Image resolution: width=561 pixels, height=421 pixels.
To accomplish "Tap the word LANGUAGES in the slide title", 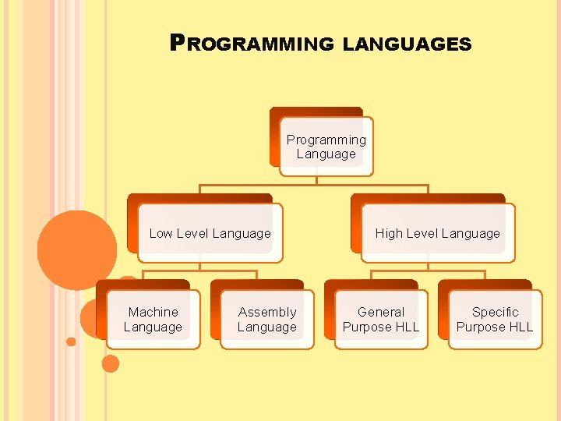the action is click(x=407, y=44).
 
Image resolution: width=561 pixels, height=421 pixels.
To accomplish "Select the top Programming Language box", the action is click(x=326, y=147).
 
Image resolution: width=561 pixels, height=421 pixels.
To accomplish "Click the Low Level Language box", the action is click(x=210, y=233).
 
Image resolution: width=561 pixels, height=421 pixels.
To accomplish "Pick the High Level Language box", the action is click(x=437, y=233).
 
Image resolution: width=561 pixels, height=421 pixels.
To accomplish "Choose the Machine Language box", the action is click(x=153, y=320).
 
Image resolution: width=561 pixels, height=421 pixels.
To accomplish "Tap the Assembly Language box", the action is click(x=266, y=320).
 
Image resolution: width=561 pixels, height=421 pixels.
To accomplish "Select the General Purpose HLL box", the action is click(x=380, y=320).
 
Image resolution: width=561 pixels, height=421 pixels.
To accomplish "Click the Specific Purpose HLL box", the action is click(x=495, y=320).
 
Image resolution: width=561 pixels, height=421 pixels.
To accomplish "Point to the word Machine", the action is click(x=153, y=312).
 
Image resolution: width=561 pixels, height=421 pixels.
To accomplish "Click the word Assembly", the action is click(x=267, y=312).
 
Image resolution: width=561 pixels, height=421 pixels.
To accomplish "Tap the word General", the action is click(x=380, y=312).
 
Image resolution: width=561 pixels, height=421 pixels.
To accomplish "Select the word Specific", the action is click(x=495, y=312).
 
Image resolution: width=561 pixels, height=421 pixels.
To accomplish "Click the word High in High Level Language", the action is click(x=389, y=233).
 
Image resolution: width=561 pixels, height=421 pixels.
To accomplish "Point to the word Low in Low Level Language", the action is click(x=161, y=233).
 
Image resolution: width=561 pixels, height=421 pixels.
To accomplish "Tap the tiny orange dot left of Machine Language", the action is click(x=71, y=341).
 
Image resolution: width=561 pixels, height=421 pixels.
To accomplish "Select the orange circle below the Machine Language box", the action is click(x=111, y=363).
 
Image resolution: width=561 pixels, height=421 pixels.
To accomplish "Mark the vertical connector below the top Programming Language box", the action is click(x=317, y=180).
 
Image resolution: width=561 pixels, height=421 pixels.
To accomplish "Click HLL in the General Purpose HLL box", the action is click(x=404, y=327).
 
